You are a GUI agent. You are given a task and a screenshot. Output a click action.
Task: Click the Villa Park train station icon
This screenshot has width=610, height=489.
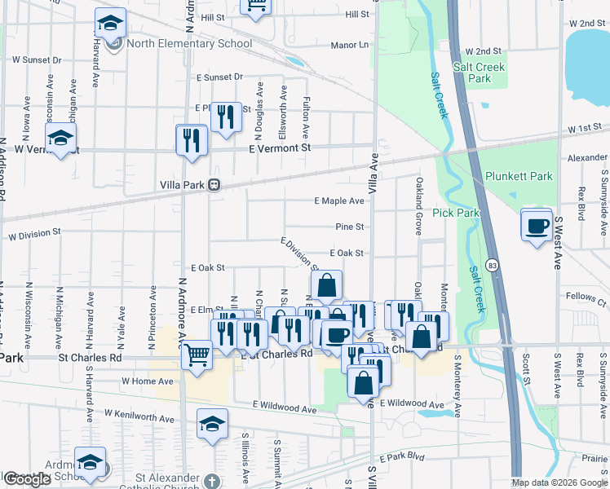tap(214, 184)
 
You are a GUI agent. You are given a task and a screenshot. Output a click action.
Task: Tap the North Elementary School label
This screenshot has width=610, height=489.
tap(188, 43)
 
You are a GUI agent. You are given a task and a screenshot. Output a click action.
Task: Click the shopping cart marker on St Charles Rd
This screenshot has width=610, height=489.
tap(197, 355)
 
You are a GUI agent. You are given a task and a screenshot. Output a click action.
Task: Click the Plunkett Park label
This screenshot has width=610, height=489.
tap(518, 176)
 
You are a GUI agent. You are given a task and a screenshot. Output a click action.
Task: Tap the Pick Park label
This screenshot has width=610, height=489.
tap(455, 213)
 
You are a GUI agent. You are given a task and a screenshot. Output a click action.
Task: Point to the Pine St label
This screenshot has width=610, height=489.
tap(349, 227)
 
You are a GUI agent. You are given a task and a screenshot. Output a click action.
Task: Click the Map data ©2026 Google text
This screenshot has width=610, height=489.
tap(559, 482)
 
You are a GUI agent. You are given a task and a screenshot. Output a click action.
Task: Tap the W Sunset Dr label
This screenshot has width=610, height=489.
tap(38, 59)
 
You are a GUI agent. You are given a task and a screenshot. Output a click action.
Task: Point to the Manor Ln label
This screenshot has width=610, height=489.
tap(350, 45)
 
